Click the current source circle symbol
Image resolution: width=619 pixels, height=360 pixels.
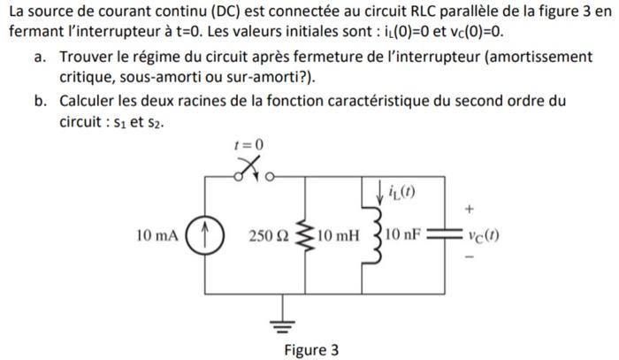[x=205, y=236]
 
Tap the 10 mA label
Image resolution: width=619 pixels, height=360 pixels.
[x=157, y=236]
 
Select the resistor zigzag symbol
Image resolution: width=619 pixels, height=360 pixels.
[x=305, y=236]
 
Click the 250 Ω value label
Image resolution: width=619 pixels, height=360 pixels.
[x=268, y=236]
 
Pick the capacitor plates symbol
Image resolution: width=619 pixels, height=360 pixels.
[x=442, y=236]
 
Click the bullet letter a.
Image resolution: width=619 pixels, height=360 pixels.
[x=41, y=57]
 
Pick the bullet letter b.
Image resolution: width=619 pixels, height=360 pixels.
[x=41, y=100]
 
